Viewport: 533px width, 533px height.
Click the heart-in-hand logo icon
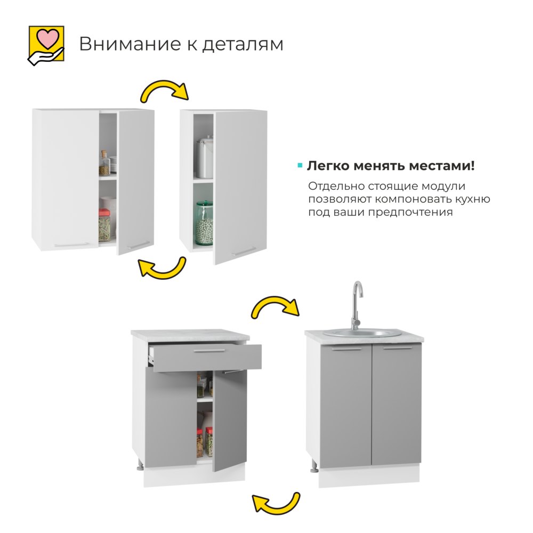pyautogui.click(x=46, y=45)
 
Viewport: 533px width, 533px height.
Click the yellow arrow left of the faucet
pyautogui.click(x=274, y=308)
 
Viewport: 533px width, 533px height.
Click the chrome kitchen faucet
pyautogui.click(x=356, y=304)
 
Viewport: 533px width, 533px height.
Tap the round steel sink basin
pyautogui.click(x=362, y=334)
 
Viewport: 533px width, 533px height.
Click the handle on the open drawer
pyautogui.click(x=215, y=350)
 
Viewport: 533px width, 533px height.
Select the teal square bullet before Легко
pyautogui.click(x=300, y=166)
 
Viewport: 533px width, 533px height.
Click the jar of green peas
pyautogui.click(x=204, y=222)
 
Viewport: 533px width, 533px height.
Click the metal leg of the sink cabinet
pyautogui.click(x=314, y=468)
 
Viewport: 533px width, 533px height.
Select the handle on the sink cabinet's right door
pyautogui.click(x=397, y=349)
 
